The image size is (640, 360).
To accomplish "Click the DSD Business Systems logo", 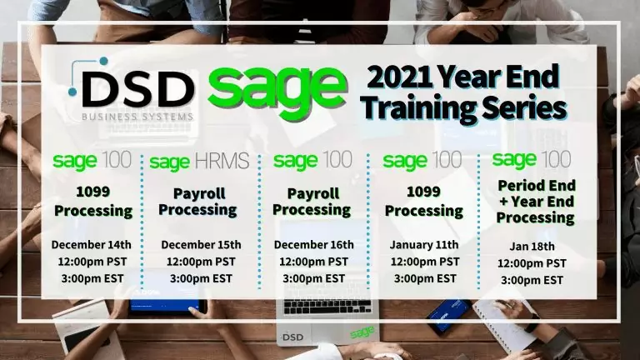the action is (x=132, y=89).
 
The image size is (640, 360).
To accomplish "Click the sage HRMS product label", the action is (x=199, y=162).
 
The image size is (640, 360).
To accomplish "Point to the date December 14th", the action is (x=92, y=244).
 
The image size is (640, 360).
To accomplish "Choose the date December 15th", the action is (x=201, y=244).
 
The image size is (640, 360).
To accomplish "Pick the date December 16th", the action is (x=314, y=244).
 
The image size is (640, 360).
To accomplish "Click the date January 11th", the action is (x=424, y=244).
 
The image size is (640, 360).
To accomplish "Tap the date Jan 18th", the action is (x=532, y=247).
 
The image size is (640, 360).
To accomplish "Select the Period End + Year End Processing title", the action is (x=536, y=202).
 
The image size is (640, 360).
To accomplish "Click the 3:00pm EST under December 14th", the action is (x=92, y=278).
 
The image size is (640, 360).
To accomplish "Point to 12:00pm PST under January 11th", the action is (x=425, y=262).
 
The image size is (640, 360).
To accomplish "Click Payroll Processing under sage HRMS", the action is (x=198, y=202).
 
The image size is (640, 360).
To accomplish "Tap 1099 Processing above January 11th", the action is (x=424, y=202).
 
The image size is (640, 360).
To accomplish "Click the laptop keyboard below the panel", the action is (x=327, y=307).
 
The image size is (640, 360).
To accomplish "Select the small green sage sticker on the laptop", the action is (x=362, y=332).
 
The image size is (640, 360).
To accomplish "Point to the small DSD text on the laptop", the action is (x=292, y=337).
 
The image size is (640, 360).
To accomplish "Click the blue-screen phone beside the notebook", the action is (x=448, y=317).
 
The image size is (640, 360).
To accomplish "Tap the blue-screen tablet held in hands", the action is (x=167, y=306).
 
